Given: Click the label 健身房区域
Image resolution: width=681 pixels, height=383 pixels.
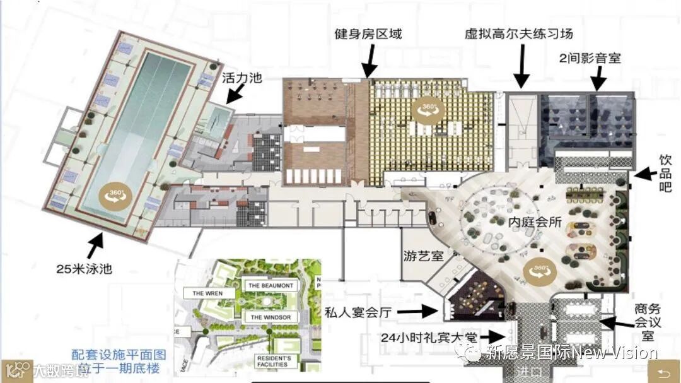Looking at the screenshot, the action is coord(368,34).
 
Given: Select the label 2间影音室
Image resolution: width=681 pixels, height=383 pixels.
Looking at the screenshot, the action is coord(590,58).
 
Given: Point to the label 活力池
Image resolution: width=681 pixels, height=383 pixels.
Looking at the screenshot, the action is coord(242,78).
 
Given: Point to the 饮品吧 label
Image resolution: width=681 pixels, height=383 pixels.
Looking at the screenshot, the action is coord(665,173).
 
